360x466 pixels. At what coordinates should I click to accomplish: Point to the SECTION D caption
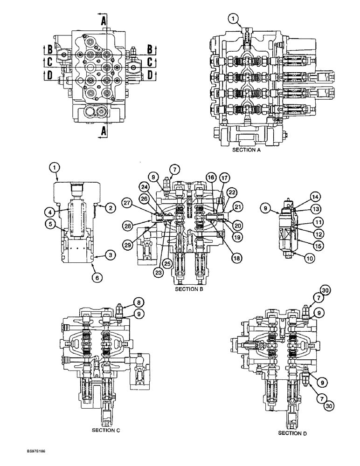point(292,433)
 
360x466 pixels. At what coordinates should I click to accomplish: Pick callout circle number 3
point(110,255)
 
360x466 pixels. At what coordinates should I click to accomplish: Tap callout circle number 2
point(110,208)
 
